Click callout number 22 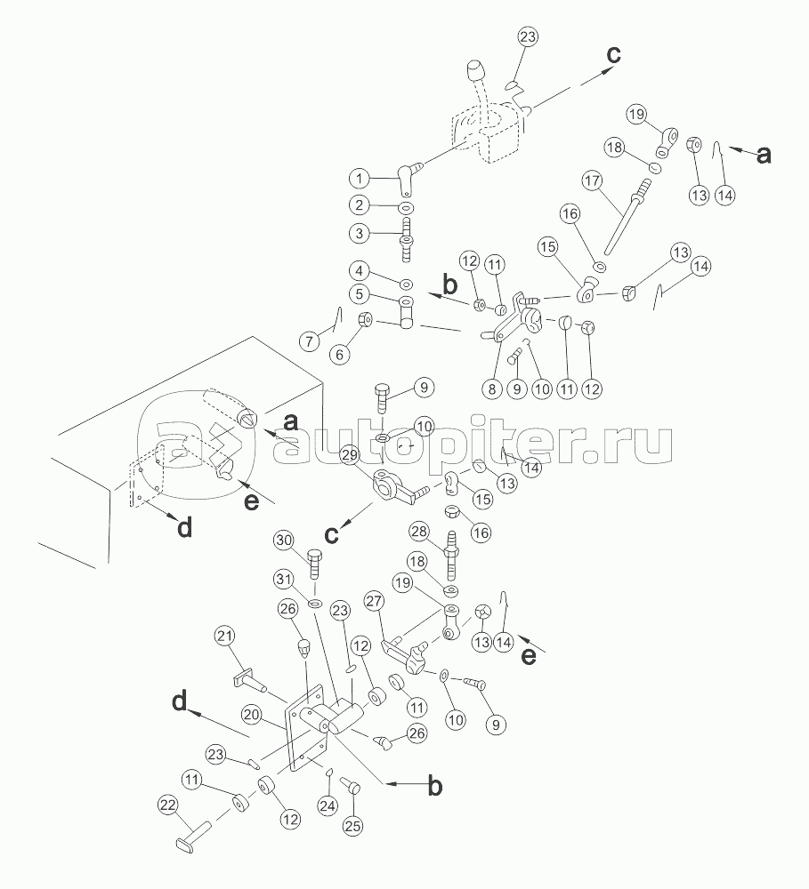(167, 806)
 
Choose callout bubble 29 (349, 455)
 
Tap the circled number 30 (284, 541)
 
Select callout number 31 (284, 580)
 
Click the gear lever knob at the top (475, 72)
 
